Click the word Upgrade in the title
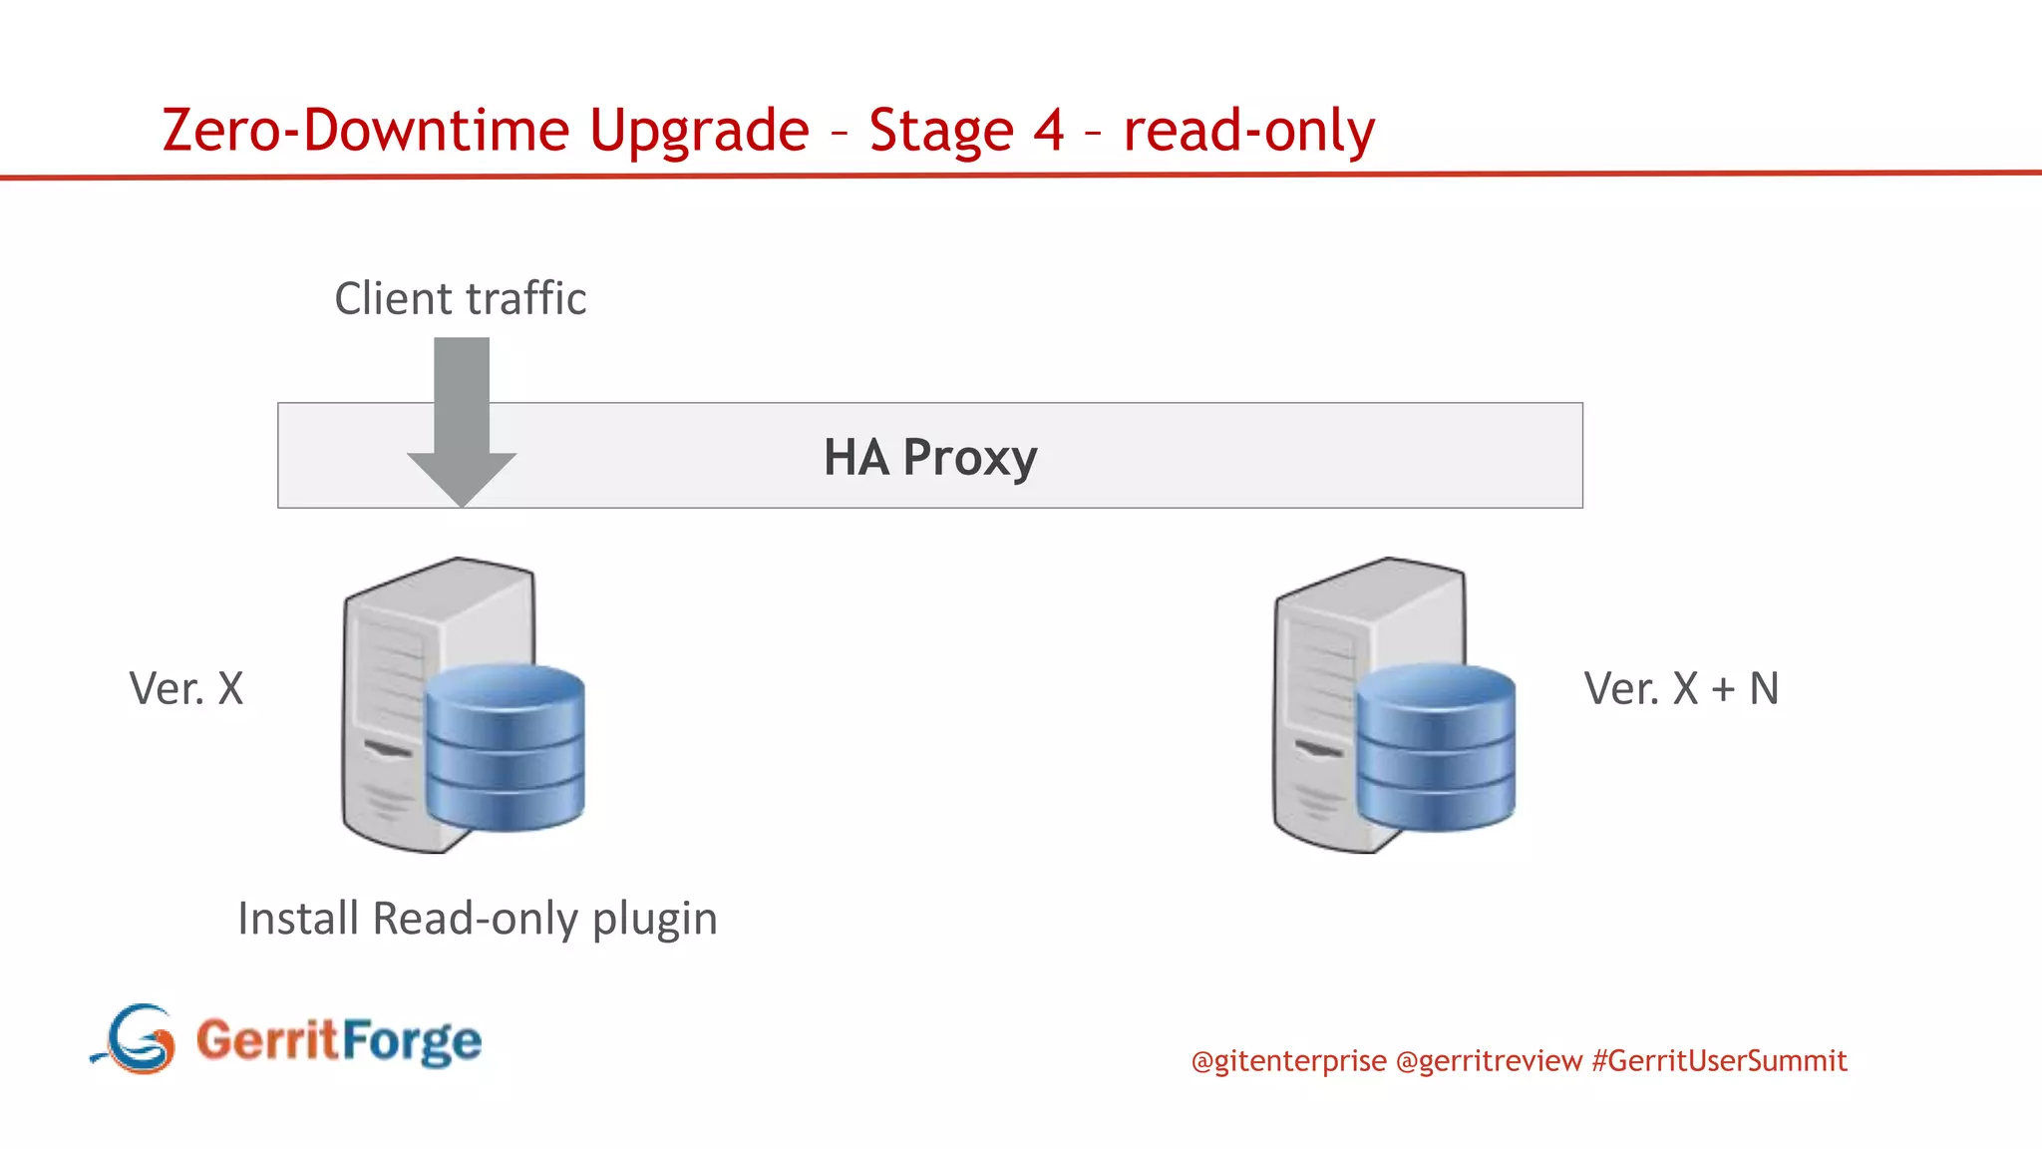tap(698, 131)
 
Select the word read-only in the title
tap(1248, 131)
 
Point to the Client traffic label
tap(460, 298)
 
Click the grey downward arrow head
tap(462, 478)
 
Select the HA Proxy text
tap(929, 457)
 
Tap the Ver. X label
tap(186, 688)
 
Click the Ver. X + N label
tap(1681, 688)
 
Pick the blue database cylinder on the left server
tap(505, 748)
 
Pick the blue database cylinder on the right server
tap(1436, 748)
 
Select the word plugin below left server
tap(654, 919)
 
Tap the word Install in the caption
tap(297, 918)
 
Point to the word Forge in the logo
tap(412, 1040)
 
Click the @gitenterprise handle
tap(1288, 1060)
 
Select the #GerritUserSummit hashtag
tap(1719, 1060)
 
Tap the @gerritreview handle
tap(1489, 1060)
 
